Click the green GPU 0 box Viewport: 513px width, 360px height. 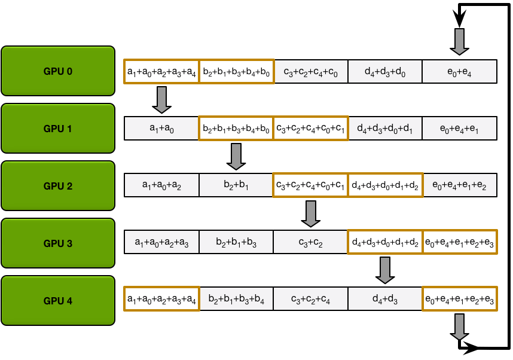[x=58, y=71]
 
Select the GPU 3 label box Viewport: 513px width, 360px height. [x=58, y=243]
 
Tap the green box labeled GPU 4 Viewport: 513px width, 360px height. [x=58, y=301]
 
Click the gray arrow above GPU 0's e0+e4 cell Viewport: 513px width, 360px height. [x=459, y=41]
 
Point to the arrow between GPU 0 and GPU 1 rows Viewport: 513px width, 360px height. [x=161, y=99]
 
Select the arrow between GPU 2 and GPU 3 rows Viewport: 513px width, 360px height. [x=310, y=213]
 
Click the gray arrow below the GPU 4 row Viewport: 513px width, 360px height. [x=459, y=327]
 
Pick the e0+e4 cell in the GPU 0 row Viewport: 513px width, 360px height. [x=459, y=72]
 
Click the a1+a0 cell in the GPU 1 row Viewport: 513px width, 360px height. [x=161, y=129]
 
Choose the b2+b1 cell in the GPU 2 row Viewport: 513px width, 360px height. [x=236, y=185]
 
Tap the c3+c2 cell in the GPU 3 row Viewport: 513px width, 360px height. [x=310, y=242]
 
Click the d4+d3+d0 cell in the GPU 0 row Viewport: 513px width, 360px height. [x=385, y=72]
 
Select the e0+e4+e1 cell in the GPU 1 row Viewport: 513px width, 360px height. [x=459, y=129]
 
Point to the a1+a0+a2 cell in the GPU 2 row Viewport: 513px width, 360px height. [x=161, y=185]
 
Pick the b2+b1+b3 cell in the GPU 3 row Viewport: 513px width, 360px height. [x=236, y=242]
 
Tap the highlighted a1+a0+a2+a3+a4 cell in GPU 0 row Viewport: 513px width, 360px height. [x=161, y=72]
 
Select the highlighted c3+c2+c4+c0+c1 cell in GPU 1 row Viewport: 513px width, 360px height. [x=310, y=129]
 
